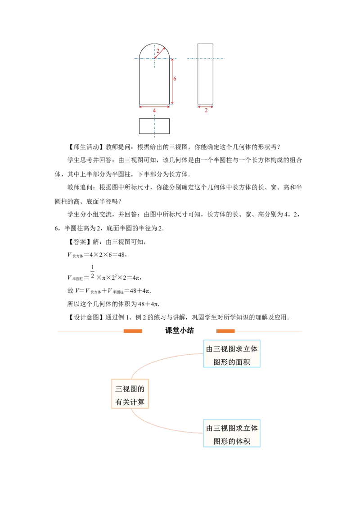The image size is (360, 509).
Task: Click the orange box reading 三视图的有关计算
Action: [130, 393]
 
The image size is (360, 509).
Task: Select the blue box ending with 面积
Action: [232, 354]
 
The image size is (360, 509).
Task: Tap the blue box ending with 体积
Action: [232, 433]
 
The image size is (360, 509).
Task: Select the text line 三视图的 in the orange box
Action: [130, 388]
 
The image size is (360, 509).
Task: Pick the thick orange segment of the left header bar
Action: [133, 331]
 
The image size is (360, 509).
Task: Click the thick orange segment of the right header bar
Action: [226, 331]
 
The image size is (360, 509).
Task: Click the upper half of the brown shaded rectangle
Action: [184, 68]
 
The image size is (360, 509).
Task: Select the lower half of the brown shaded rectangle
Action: [184, 90]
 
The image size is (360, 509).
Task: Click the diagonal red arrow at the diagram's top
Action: [160, 52]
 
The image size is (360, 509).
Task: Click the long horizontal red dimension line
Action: [154, 107]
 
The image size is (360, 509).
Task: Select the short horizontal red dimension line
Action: [205, 107]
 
